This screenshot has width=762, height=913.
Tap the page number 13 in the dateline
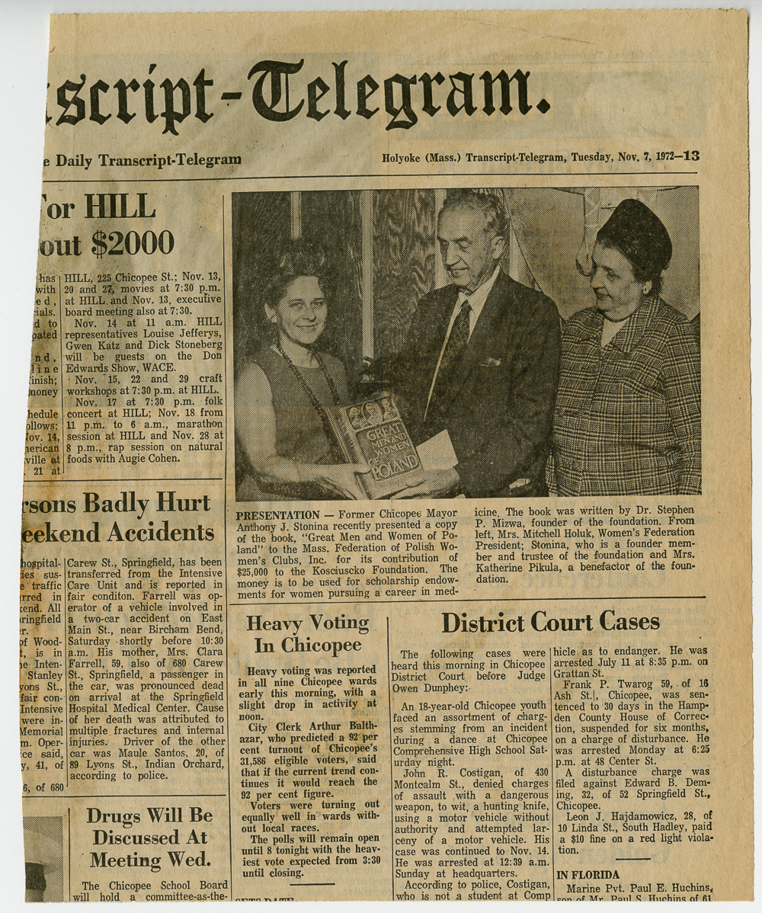691,156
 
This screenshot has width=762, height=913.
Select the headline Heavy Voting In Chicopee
307,634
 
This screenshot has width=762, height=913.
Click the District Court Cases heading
550,622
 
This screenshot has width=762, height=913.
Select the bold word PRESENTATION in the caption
277,515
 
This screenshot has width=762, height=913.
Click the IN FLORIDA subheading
588,875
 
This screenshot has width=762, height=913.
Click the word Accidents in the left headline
160,533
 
